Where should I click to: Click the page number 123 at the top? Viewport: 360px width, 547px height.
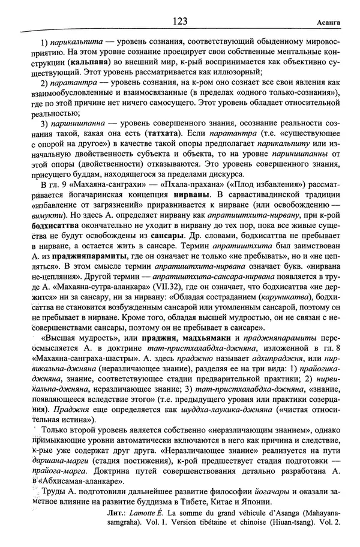(x=179, y=21)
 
